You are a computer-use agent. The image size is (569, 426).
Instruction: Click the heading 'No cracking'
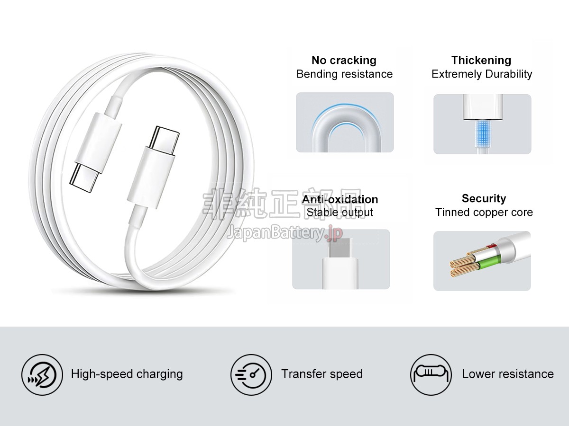(x=344, y=60)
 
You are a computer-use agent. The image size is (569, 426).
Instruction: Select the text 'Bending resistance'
(x=345, y=74)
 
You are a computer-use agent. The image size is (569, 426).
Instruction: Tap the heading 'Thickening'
(x=481, y=60)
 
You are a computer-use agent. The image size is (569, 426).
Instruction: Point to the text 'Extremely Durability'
(x=482, y=74)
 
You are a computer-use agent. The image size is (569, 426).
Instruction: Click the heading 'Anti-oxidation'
(x=340, y=199)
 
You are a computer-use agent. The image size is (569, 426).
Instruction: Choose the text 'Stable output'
(x=340, y=213)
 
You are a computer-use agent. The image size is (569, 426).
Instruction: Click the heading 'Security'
(x=484, y=198)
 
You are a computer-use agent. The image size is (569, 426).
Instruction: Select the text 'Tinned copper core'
(x=484, y=212)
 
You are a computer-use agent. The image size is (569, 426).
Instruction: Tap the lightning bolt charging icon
(x=42, y=375)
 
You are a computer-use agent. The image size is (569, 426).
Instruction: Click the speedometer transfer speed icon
(x=251, y=375)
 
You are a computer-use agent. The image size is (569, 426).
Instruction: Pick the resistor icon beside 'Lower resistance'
(x=431, y=375)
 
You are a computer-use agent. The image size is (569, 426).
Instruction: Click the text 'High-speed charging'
(x=127, y=374)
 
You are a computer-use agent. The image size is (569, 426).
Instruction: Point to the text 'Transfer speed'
(x=322, y=374)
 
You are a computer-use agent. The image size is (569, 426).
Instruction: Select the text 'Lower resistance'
(x=508, y=374)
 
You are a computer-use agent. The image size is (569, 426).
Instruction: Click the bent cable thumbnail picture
(x=345, y=122)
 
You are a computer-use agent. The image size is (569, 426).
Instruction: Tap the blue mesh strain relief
(x=483, y=133)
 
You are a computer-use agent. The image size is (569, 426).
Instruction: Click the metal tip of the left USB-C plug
(x=85, y=178)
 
